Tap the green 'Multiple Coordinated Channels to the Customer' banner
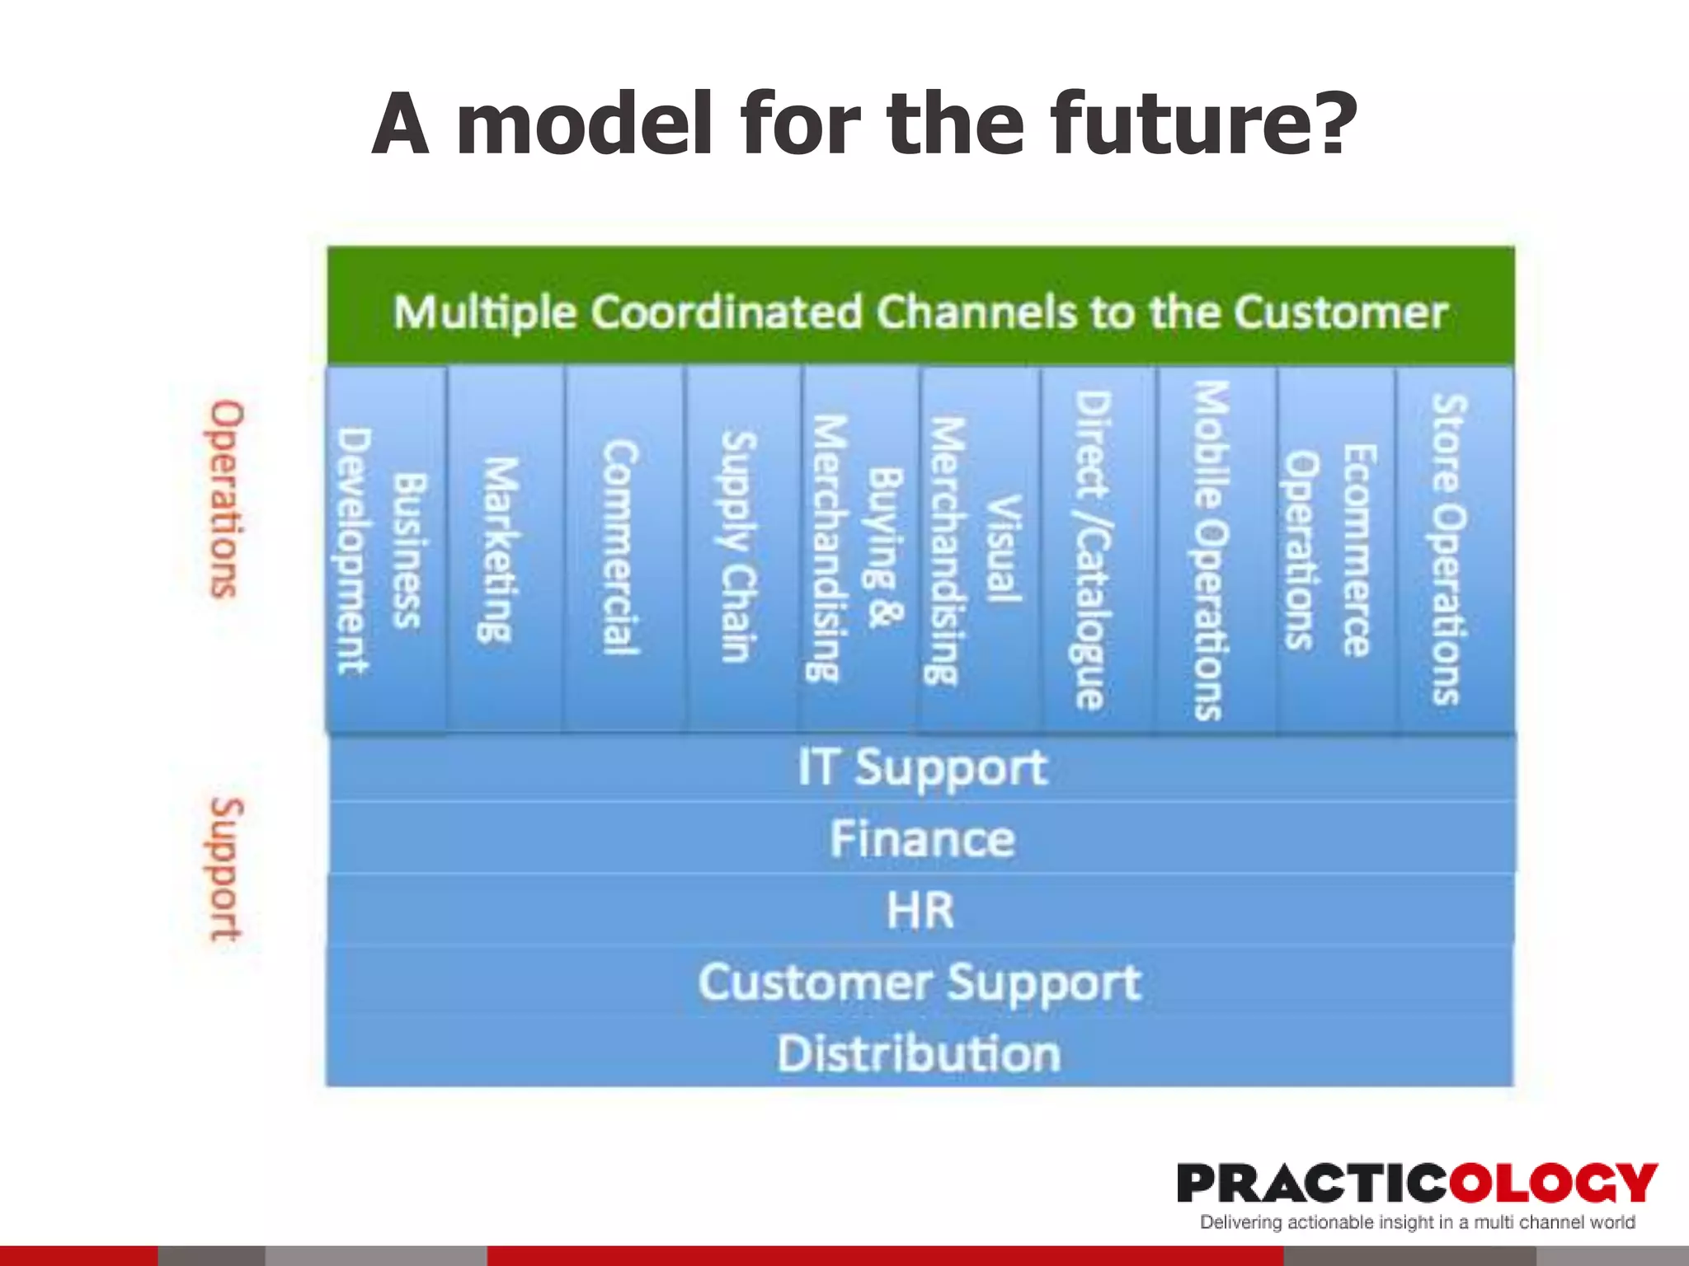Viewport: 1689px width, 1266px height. click(920, 312)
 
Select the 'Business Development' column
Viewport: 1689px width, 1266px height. click(386, 551)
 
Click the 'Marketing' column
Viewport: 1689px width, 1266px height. click(504, 551)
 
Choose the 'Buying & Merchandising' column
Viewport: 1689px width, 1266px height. click(858, 550)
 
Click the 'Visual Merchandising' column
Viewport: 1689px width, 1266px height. click(976, 550)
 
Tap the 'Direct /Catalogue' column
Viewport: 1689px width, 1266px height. click(1096, 550)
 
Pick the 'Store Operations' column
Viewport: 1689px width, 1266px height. click(1451, 550)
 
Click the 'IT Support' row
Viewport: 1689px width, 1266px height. click(920, 768)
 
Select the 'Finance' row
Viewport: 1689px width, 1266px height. click(920, 839)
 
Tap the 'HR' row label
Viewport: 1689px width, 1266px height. click(920, 911)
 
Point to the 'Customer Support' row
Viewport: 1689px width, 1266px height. click(920, 982)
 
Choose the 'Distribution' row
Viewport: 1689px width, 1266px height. click(920, 1054)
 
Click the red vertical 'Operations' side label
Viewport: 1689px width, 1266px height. click(225, 499)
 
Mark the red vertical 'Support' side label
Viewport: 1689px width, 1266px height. click(225, 869)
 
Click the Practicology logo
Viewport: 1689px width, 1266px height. click(1415, 1184)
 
